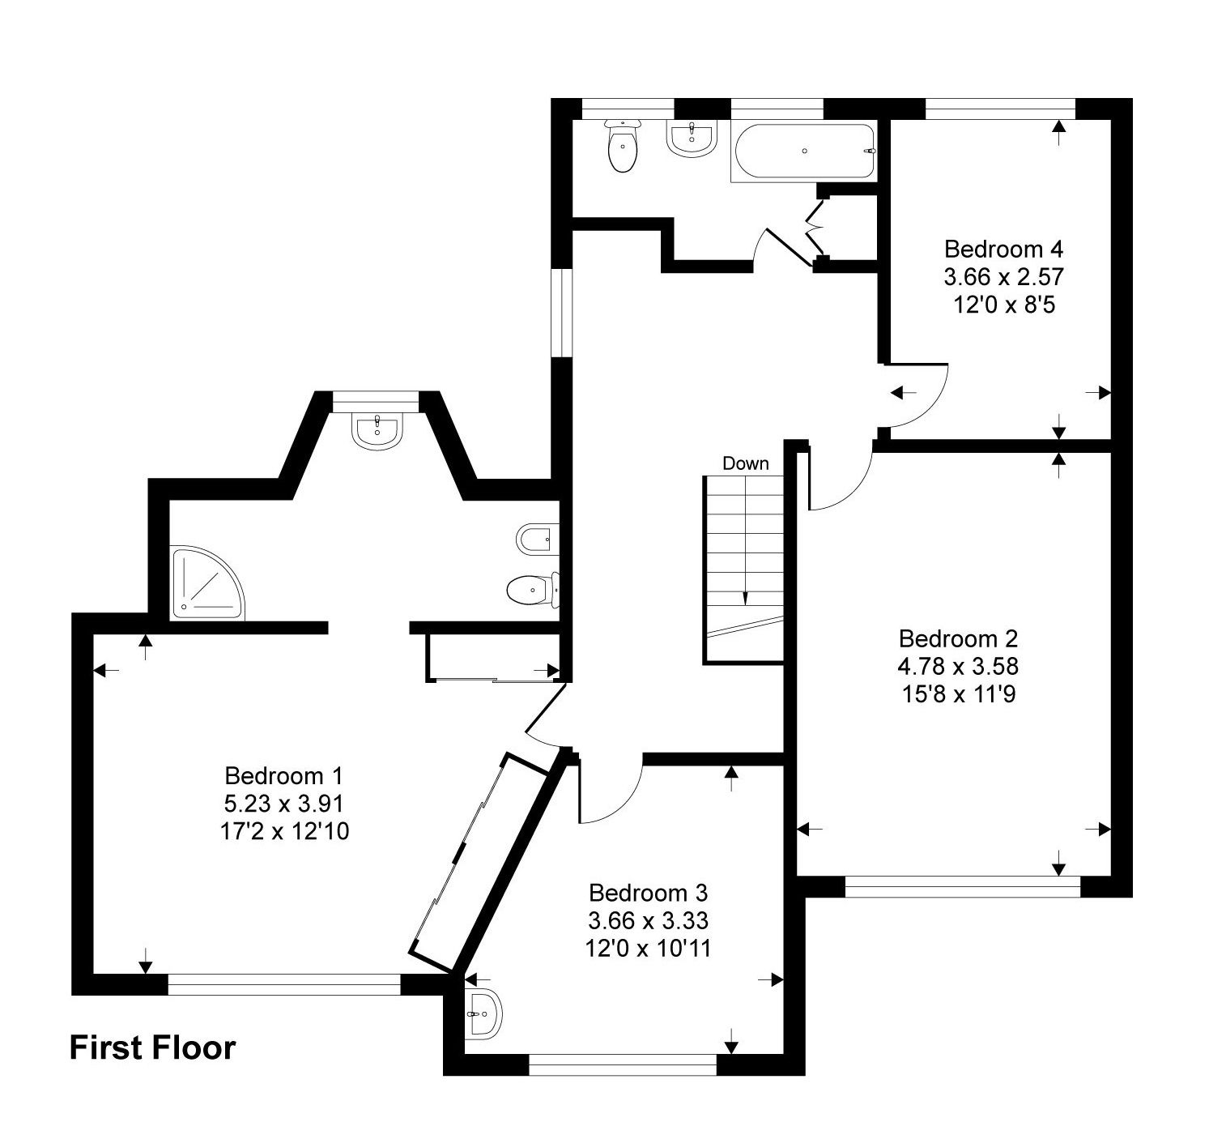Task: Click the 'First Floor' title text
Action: [152, 1047]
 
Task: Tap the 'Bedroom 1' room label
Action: [284, 775]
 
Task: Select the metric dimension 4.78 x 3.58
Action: [957, 666]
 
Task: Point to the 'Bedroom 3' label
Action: [648, 893]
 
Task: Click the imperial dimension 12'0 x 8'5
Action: [1003, 305]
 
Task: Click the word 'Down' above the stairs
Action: [745, 463]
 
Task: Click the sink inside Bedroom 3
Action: [483, 1013]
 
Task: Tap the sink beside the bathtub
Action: [692, 139]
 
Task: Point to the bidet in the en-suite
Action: [535, 538]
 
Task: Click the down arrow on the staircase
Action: [745, 595]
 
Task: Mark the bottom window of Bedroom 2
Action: [962, 887]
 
